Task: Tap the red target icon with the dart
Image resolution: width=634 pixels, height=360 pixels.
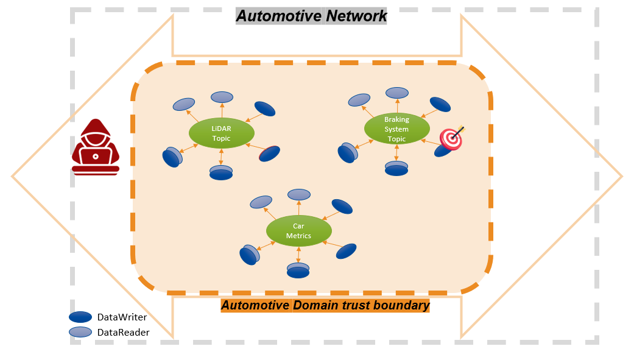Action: tap(451, 138)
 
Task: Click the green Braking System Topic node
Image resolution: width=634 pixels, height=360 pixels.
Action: tap(396, 129)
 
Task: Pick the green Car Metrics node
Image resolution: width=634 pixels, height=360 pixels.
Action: tap(298, 231)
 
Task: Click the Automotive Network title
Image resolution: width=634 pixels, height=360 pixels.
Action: tap(311, 16)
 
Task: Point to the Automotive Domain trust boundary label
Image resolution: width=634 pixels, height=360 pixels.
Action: tap(325, 305)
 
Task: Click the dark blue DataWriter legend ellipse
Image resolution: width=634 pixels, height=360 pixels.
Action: tap(80, 317)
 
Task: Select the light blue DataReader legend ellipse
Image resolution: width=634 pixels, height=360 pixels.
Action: tap(80, 332)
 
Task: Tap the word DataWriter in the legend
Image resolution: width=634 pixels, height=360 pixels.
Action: tap(122, 317)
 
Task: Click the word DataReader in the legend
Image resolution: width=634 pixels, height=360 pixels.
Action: tap(123, 333)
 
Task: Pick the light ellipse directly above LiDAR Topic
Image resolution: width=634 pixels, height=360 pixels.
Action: tap(222, 96)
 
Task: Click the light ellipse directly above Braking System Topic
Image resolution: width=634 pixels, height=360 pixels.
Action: tap(397, 92)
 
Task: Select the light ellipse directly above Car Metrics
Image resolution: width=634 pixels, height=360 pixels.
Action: tap(299, 194)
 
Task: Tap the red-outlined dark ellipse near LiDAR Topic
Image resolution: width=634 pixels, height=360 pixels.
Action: tap(269, 153)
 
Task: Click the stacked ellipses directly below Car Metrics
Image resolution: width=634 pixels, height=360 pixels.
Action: tap(298, 270)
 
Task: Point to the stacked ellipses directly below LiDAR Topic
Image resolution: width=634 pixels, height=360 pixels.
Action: tap(221, 172)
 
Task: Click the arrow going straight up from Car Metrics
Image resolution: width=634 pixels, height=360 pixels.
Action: tap(298, 208)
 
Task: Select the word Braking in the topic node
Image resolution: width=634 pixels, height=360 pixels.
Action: tap(396, 119)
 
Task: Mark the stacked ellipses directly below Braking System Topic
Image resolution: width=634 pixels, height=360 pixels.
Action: tap(396, 168)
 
